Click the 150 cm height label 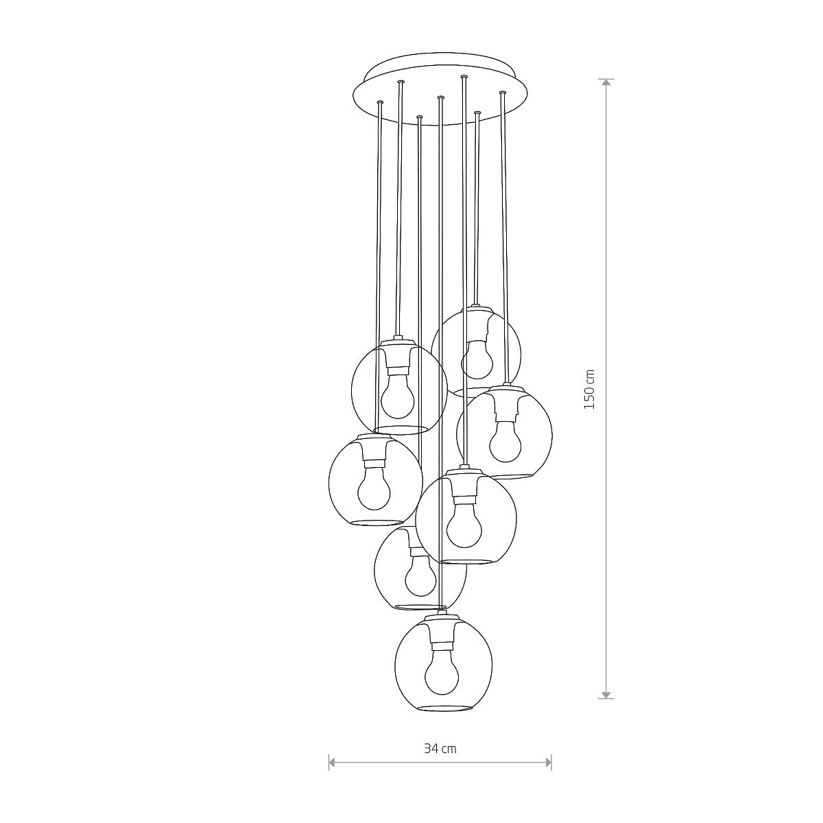[589, 390]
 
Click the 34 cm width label [440, 748]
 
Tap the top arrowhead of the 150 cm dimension [606, 82]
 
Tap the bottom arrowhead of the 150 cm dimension [606, 694]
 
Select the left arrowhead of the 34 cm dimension [332, 761]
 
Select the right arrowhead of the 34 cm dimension [548, 761]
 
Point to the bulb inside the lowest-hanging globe [441, 673]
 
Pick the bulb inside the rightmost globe [505, 442]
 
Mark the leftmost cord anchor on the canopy [380, 103]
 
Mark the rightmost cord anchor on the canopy [503, 92]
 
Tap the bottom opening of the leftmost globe [375, 523]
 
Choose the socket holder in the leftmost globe [375, 449]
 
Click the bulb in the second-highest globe [397, 398]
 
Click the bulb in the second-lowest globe [420, 575]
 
